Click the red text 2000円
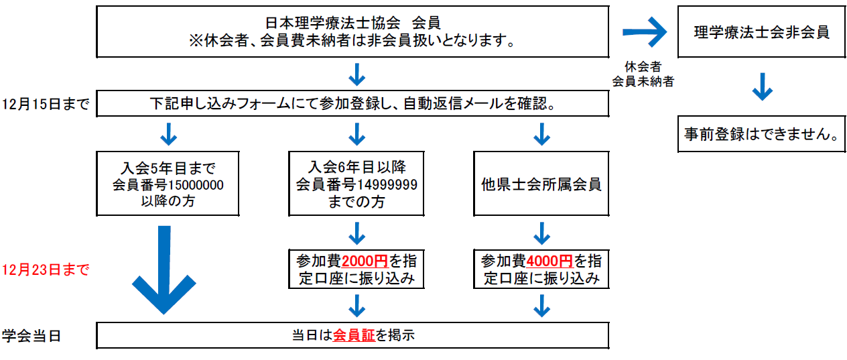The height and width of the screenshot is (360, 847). [365, 261]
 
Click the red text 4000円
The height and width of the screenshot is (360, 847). [549, 261]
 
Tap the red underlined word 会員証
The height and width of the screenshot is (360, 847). [354, 335]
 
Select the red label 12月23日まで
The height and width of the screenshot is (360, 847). [46, 269]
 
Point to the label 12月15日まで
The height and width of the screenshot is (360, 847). [46, 104]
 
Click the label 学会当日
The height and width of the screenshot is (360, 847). [31, 336]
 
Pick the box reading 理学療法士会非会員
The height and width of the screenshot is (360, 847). [761, 32]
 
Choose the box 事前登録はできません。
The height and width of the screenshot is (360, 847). [761, 134]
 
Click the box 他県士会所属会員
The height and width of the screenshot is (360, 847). [541, 184]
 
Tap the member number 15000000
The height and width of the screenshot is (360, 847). [196, 185]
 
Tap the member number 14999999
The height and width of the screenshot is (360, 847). [387, 184]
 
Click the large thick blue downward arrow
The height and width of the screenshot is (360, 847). [164, 269]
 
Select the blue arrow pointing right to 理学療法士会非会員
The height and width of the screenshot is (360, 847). [645, 32]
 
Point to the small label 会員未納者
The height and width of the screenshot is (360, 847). [643, 81]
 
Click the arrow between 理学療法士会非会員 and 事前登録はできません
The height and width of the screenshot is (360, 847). [763, 86]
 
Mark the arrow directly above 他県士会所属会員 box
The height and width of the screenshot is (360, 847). [541, 134]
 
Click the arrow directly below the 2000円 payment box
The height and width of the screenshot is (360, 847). [356, 306]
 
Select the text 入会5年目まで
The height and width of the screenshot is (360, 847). [168, 168]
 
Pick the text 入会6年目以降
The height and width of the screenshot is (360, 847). [356, 167]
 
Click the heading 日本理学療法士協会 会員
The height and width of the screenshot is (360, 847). [352, 23]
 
